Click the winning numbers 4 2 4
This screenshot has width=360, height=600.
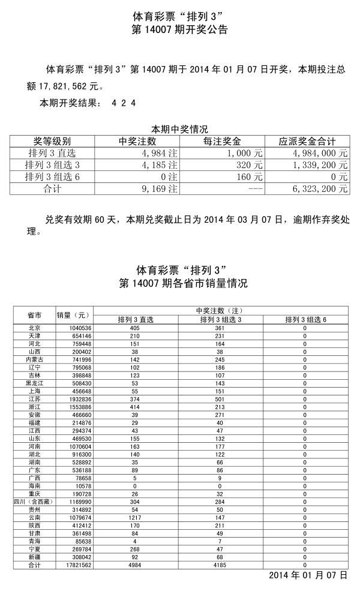click(x=124, y=103)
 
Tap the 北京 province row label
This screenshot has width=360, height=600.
click(x=34, y=328)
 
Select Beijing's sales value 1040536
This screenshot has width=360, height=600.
click(x=74, y=328)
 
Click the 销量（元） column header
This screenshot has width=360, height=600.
click(x=74, y=314)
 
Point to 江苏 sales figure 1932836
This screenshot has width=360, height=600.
click(x=74, y=399)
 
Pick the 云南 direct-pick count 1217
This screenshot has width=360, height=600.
click(x=135, y=518)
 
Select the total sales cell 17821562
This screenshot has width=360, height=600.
click(x=74, y=565)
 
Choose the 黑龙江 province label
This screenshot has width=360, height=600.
click(x=34, y=383)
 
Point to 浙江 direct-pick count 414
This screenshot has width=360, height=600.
click(x=135, y=407)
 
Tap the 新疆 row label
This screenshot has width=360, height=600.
click(x=34, y=557)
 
